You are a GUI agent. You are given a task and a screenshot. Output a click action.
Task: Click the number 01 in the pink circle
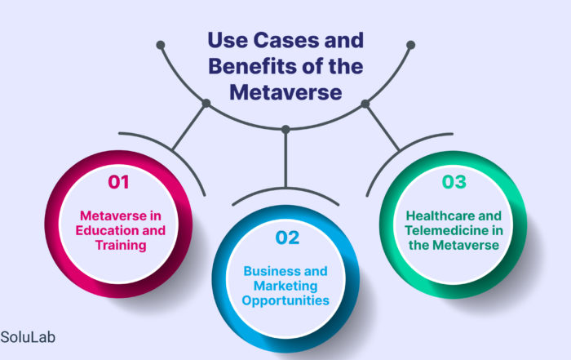point(118,182)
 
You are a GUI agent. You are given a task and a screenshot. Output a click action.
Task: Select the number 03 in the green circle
point(454,181)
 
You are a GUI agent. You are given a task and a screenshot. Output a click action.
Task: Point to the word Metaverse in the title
point(285,92)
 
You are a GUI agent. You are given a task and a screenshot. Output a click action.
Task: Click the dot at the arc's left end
point(161,43)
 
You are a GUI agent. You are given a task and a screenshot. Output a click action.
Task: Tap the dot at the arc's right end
point(410,43)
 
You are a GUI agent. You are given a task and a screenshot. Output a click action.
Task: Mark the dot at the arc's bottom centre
point(285,128)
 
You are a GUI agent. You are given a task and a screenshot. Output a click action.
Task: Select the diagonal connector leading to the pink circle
point(189,126)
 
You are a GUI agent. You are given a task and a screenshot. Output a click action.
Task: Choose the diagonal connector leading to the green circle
point(382,126)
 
